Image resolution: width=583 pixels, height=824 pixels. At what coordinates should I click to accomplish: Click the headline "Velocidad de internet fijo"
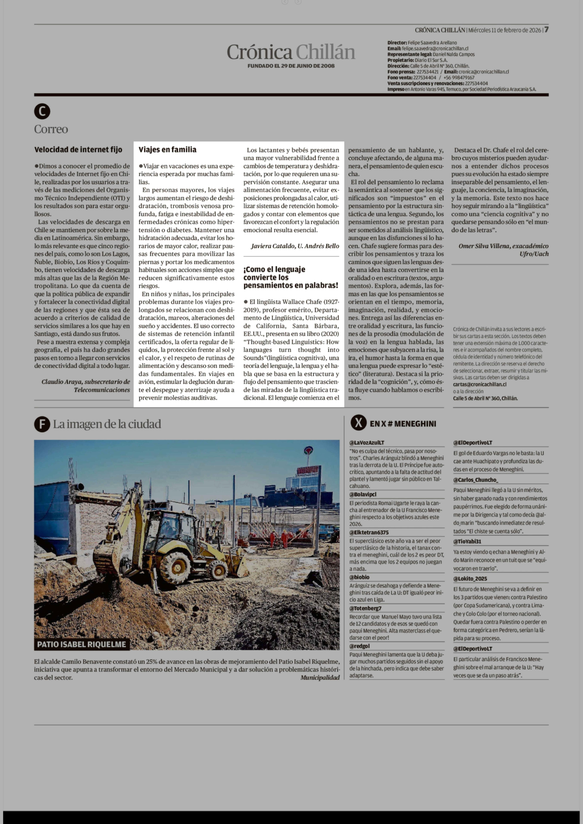[x=78, y=150]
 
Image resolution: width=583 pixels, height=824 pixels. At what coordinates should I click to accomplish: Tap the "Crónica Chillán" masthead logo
[x=291, y=52]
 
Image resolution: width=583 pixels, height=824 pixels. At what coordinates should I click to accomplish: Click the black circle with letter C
[x=42, y=112]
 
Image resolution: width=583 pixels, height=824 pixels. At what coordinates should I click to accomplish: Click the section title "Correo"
[x=51, y=129]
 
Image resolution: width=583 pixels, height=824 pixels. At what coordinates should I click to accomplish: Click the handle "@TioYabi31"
[x=467, y=541]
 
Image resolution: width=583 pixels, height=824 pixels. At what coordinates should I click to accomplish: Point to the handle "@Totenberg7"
[x=365, y=608]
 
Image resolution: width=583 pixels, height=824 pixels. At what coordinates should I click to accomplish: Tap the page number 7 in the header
[x=546, y=30]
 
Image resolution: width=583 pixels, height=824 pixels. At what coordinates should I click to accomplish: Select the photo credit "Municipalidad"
[x=320, y=678]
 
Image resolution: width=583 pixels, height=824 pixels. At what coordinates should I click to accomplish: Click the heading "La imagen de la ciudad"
[x=107, y=424]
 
